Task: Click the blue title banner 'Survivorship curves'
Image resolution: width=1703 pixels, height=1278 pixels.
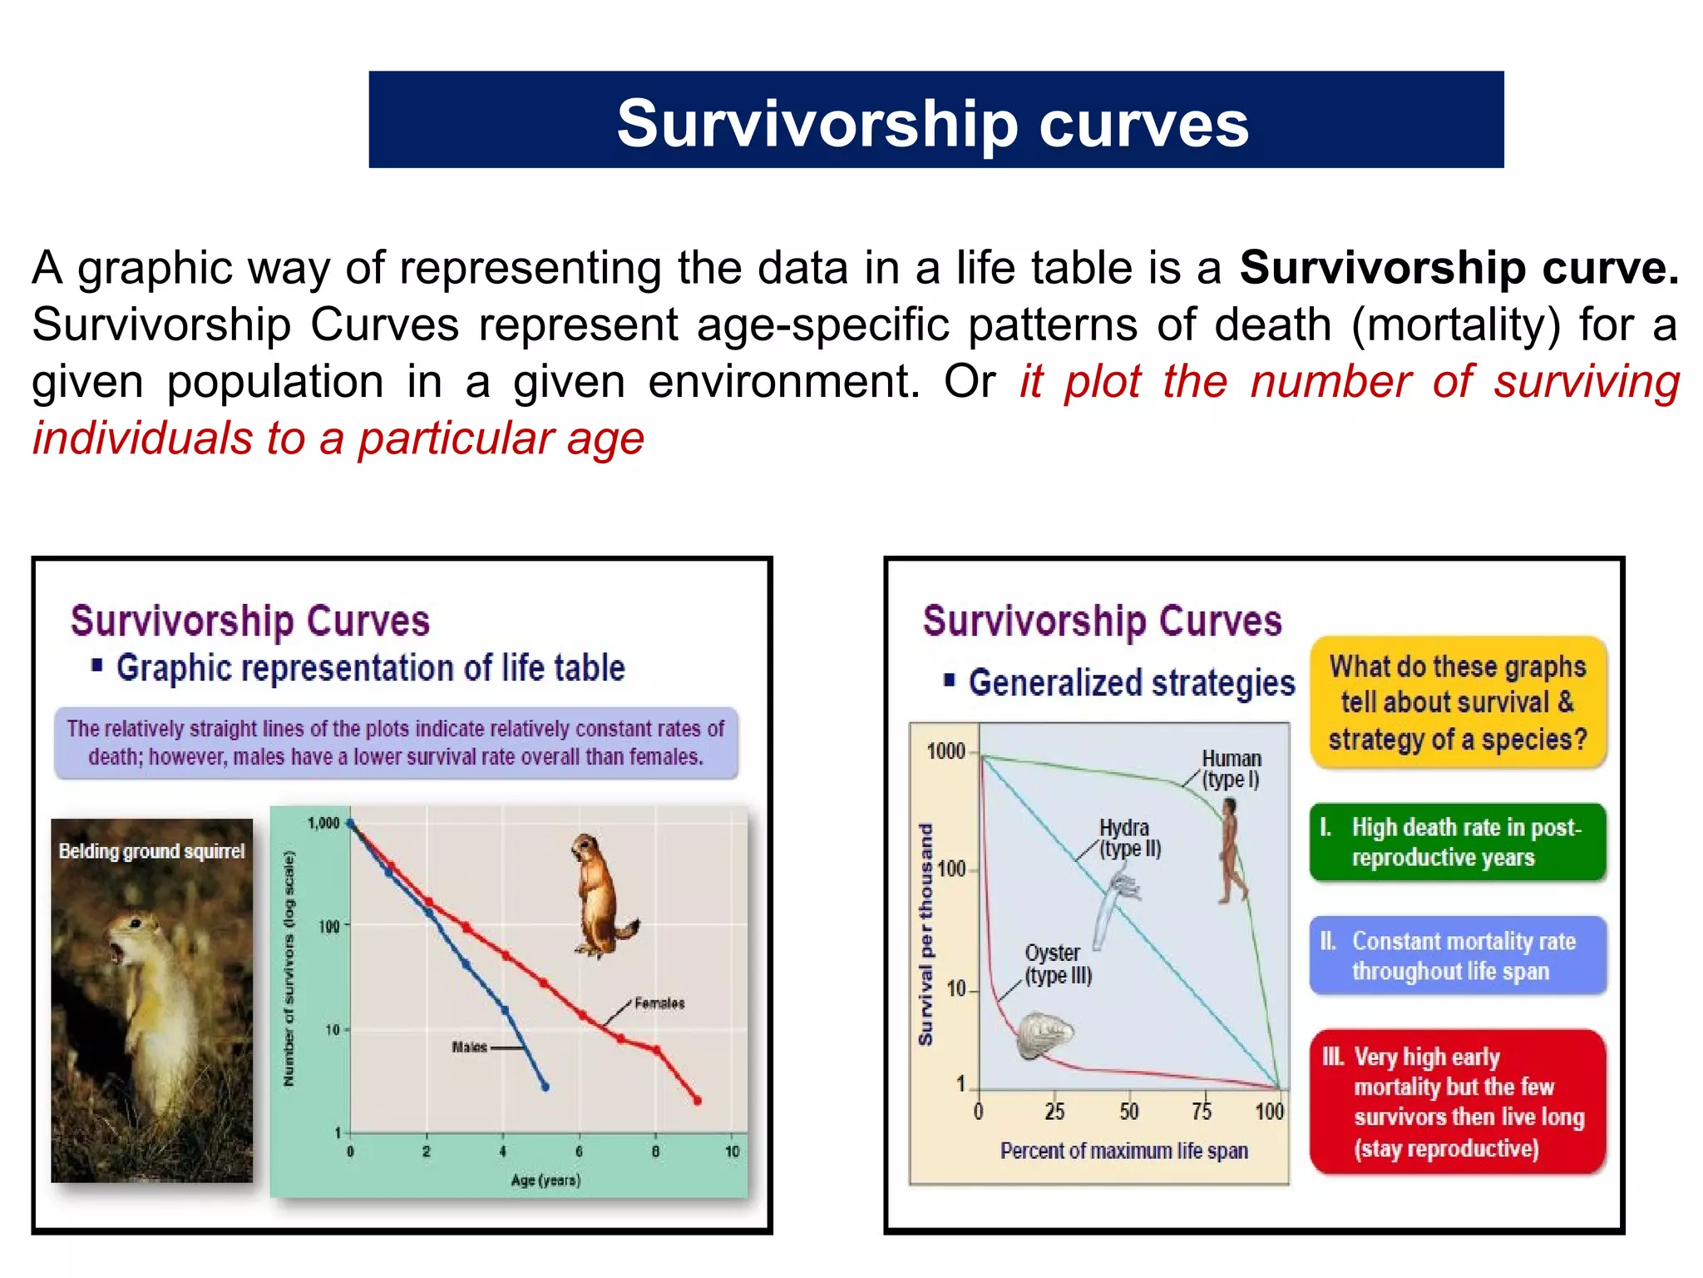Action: pyautogui.click(x=935, y=121)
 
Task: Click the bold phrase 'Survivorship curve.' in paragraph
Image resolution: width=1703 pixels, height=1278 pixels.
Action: pyautogui.click(x=1459, y=268)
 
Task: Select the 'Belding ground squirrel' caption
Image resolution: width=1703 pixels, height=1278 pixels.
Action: pyautogui.click(x=151, y=851)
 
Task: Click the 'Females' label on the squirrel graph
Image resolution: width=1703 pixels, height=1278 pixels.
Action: pyautogui.click(x=659, y=1003)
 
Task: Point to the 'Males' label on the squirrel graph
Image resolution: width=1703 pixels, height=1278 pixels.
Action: pyautogui.click(x=469, y=1048)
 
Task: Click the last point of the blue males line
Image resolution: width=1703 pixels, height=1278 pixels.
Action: pyautogui.click(x=545, y=1087)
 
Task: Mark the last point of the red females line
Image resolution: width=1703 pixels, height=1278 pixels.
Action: pyautogui.click(x=698, y=1101)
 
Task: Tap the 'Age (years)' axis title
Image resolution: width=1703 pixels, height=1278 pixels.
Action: pyautogui.click(x=545, y=1180)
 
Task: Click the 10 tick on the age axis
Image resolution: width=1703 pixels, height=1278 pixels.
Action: pyautogui.click(x=732, y=1152)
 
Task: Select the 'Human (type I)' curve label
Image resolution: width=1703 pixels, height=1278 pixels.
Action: pyautogui.click(x=1232, y=769)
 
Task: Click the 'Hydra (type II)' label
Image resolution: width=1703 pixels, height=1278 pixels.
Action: pyautogui.click(x=1128, y=838)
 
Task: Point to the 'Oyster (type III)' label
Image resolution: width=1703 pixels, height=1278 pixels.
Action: pyautogui.click(x=1056, y=964)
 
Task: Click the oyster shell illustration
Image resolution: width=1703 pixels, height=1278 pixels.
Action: pyautogui.click(x=1045, y=1035)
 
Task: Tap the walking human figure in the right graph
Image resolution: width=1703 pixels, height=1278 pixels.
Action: pyautogui.click(x=1231, y=851)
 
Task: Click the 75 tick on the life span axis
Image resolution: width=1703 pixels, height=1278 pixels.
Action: pyautogui.click(x=1202, y=1112)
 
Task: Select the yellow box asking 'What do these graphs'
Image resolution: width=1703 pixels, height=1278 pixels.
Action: pyautogui.click(x=1458, y=703)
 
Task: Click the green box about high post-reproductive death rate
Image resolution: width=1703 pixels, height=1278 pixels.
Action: pyautogui.click(x=1457, y=842)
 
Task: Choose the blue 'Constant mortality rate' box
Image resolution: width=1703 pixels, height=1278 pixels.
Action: pyautogui.click(x=1457, y=956)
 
